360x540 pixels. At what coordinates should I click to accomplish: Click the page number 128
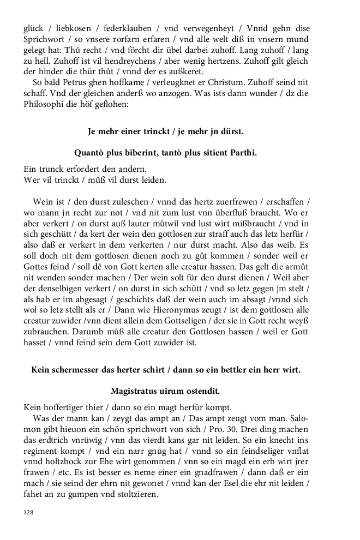28,512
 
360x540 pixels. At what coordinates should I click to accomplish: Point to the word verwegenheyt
213,28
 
